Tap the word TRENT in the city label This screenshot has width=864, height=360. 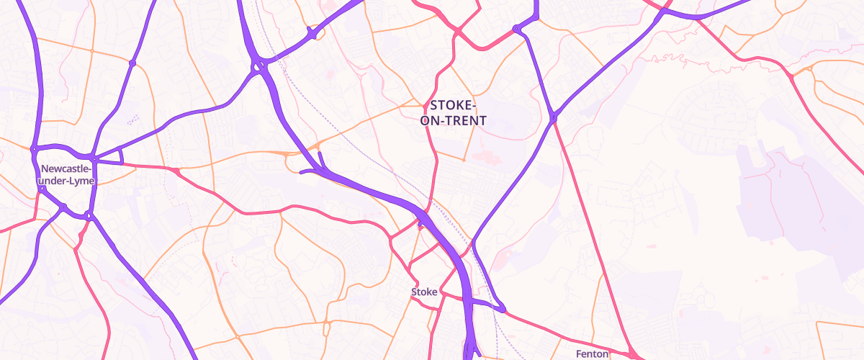click(467, 121)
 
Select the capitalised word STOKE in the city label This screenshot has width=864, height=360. click(452, 104)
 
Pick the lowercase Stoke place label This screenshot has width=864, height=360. click(424, 292)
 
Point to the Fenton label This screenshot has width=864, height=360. click(593, 354)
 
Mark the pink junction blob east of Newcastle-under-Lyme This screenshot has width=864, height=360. click(174, 170)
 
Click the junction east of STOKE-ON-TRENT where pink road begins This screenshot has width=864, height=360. click(554, 117)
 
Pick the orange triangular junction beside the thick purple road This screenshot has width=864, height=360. click(288, 153)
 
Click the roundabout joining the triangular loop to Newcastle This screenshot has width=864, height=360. click(94, 158)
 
